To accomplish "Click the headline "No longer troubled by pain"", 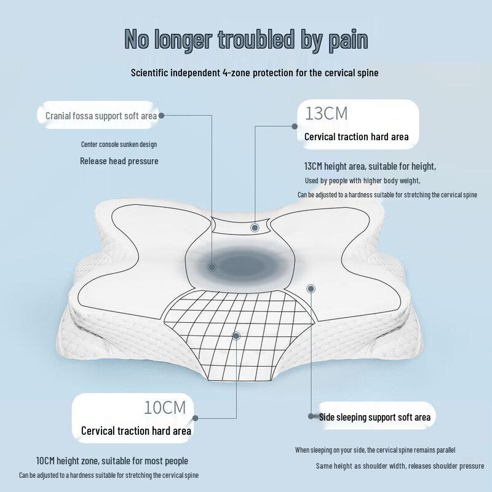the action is tap(246, 40).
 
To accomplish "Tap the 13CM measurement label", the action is tap(327, 114).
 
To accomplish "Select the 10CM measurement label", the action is tap(165, 408).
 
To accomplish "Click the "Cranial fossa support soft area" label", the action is tap(101, 116).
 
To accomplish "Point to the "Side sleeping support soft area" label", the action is tap(375, 417).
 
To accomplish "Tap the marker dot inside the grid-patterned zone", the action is tap(236, 336).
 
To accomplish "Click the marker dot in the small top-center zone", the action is tap(255, 228).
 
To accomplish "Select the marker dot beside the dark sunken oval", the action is tap(212, 267).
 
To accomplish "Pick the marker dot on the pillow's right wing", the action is tap(311, 288).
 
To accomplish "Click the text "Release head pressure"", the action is tap(119, 161).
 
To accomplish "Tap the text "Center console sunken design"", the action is tap(119, 145).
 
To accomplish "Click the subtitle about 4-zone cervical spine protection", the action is tap(255, 73).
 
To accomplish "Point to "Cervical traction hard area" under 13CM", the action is tap(357, 137).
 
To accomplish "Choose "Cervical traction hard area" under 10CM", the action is tap(136, 431).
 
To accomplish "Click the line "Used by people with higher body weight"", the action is tap(362, 181).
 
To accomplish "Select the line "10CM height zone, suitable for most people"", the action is tap(112, 461).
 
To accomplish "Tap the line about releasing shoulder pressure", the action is tap(400, 466).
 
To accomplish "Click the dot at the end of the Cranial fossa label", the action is tap(162, 116).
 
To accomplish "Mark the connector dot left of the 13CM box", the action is tap(295, 126).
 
